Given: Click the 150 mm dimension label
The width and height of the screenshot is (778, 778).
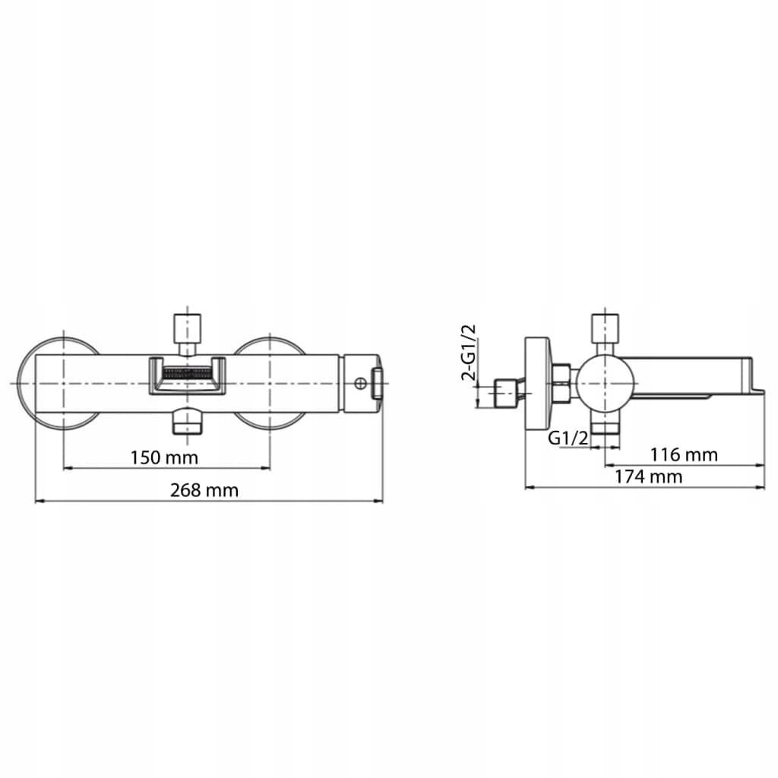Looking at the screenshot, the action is click(164, 457).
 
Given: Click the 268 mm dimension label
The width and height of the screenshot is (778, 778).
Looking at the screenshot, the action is click(204, 490).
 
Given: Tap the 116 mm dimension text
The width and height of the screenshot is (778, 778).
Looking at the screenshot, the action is click(684, 454).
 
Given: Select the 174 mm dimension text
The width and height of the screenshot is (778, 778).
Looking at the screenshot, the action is click(649, 477).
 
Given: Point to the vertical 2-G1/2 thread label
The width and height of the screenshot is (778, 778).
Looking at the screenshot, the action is click(468, 353).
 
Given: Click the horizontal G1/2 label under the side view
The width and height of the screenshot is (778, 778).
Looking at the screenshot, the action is click(568, 438).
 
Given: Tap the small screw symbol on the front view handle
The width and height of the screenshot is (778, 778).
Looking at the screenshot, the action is click(361, 383).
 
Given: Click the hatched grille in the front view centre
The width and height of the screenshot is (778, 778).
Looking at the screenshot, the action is click(187, 372).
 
